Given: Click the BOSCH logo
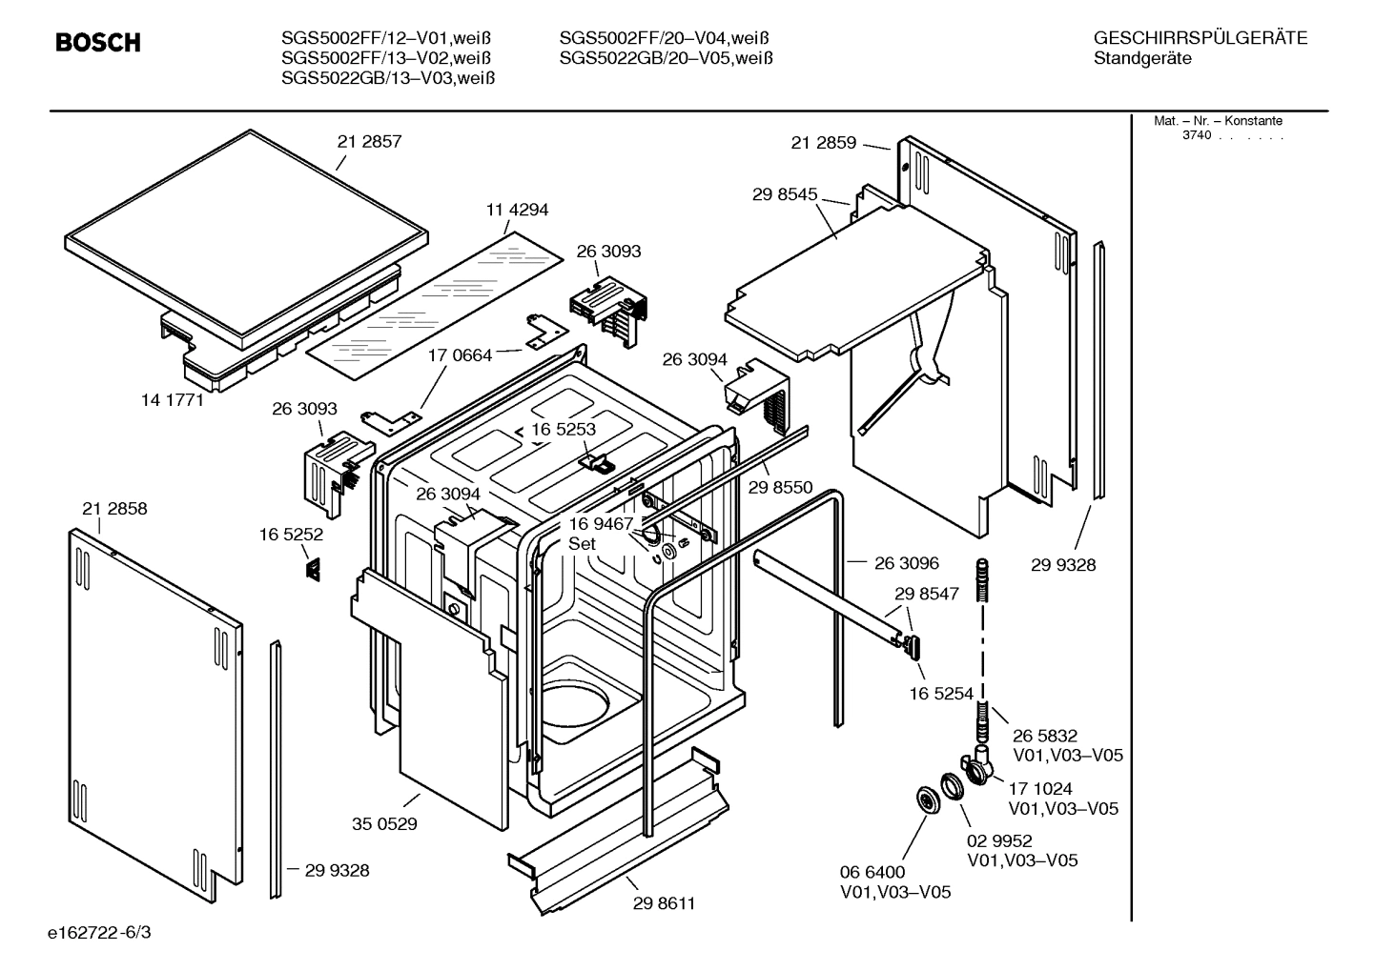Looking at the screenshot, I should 98,43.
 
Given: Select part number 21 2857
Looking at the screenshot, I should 369,141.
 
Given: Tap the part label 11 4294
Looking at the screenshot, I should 517,210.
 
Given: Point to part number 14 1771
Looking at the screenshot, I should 173,400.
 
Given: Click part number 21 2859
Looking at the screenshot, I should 823,143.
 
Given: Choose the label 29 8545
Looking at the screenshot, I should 785,194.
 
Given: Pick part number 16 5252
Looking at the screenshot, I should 291,535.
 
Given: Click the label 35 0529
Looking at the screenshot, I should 384,823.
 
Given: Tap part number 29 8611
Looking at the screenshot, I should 663,903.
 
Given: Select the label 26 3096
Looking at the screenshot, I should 906,563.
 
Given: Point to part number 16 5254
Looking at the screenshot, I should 941,694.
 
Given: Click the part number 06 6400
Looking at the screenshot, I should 872,872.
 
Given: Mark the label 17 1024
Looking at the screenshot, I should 1040,789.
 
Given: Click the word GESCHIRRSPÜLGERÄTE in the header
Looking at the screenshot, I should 1201,39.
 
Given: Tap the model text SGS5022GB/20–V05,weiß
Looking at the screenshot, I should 666,58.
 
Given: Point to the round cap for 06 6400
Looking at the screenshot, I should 925,799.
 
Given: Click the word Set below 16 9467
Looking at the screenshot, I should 582,544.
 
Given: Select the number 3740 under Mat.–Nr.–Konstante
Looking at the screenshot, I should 1196,135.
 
